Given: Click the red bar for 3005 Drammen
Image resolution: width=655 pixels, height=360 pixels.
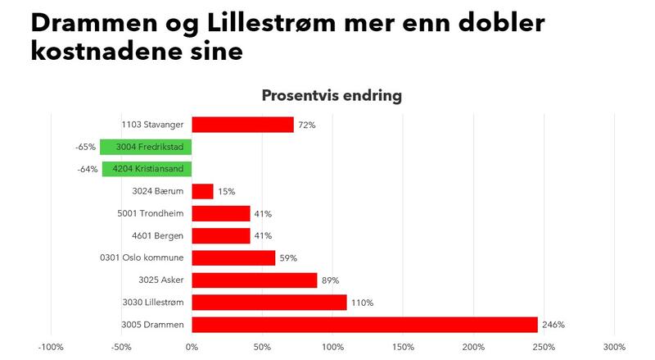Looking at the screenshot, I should pos(364,325).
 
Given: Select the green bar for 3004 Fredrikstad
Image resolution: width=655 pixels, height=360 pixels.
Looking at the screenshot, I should pos(146,148).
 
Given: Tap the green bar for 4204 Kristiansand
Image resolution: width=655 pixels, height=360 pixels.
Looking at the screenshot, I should pos(147,170).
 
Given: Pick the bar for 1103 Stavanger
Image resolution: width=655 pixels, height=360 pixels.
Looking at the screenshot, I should pos(242,125).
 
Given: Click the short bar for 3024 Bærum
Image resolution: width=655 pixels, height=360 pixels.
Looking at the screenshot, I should pos(202,191).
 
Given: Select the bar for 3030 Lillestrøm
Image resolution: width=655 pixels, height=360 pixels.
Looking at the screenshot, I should pos(269,303).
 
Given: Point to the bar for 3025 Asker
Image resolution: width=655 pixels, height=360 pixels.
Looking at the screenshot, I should pos(254,280).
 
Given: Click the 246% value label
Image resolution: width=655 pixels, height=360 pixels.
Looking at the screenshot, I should pos(553,325).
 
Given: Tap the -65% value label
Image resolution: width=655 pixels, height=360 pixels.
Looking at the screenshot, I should pos(85,148).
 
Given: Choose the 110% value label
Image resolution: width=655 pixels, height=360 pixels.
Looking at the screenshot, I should pos(361,303).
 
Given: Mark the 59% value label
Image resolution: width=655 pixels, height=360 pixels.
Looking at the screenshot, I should pos(288,258).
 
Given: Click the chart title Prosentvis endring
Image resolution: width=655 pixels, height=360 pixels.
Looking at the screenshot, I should pos(332,95).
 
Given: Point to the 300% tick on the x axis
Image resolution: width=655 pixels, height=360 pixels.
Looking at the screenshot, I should pos(614,347).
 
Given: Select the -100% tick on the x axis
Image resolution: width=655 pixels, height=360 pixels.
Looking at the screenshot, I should pos(51,347).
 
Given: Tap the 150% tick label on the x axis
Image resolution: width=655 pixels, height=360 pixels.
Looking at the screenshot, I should pos(403,347).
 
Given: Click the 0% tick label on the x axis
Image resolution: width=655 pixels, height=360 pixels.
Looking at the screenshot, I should pos(192,347).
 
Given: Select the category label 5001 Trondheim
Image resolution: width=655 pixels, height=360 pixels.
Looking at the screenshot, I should pos(151,214).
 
